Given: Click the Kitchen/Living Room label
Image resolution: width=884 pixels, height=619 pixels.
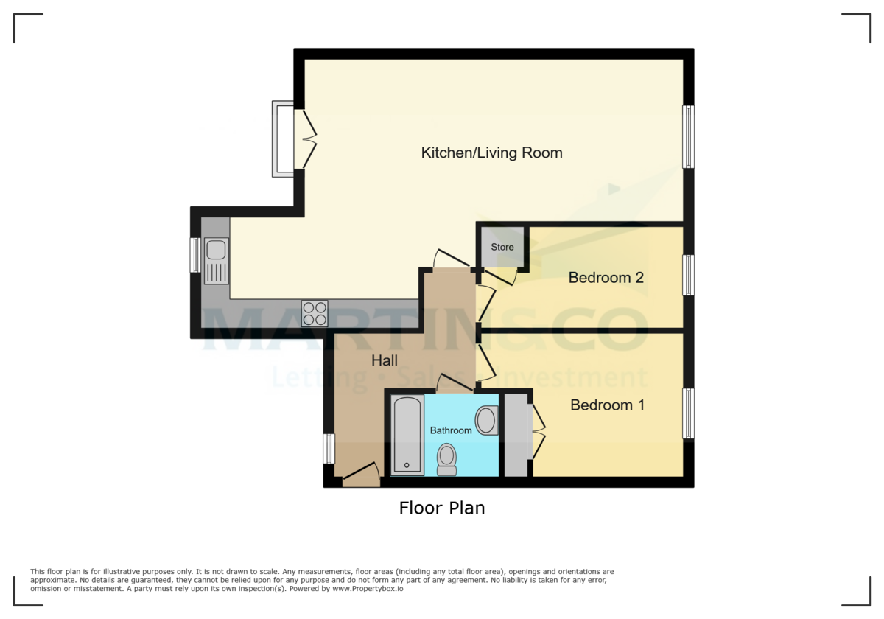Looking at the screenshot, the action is click(x=492, y=153).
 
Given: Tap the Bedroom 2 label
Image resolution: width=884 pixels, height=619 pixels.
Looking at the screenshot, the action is click(x=606, y=278).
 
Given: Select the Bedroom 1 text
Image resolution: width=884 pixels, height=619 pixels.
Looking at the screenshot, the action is click(x=607, y=405).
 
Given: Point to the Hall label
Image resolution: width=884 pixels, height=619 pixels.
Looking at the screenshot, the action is click(x=385, y=360).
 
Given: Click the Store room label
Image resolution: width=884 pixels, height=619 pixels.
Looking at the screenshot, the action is click(x=502, y=247).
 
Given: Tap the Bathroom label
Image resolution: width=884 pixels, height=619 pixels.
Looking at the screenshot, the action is click(x=451, y=430).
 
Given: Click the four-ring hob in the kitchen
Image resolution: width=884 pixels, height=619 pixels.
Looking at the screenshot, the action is click(x=315, y=313).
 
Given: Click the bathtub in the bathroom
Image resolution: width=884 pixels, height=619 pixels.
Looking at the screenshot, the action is click(x=407, y=435).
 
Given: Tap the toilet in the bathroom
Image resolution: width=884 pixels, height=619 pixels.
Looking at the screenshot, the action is click(x=446, y=460).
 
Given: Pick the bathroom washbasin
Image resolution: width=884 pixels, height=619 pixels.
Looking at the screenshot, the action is click(x=487, y=420).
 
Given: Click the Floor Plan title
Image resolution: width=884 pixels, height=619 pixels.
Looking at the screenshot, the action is click(x=442, y=508).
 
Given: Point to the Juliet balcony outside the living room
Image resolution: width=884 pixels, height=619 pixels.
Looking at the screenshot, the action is click(x=282, y=139).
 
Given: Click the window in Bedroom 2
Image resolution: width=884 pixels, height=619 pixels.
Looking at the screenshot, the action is click(x=688, y=275).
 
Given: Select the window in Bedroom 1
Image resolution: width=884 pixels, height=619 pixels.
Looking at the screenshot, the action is click(x=688, y=413).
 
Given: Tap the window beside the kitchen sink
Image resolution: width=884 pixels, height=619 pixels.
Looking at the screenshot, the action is click(x=195, y=255).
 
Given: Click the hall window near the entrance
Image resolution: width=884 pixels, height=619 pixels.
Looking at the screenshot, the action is click(x=329, y=449).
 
